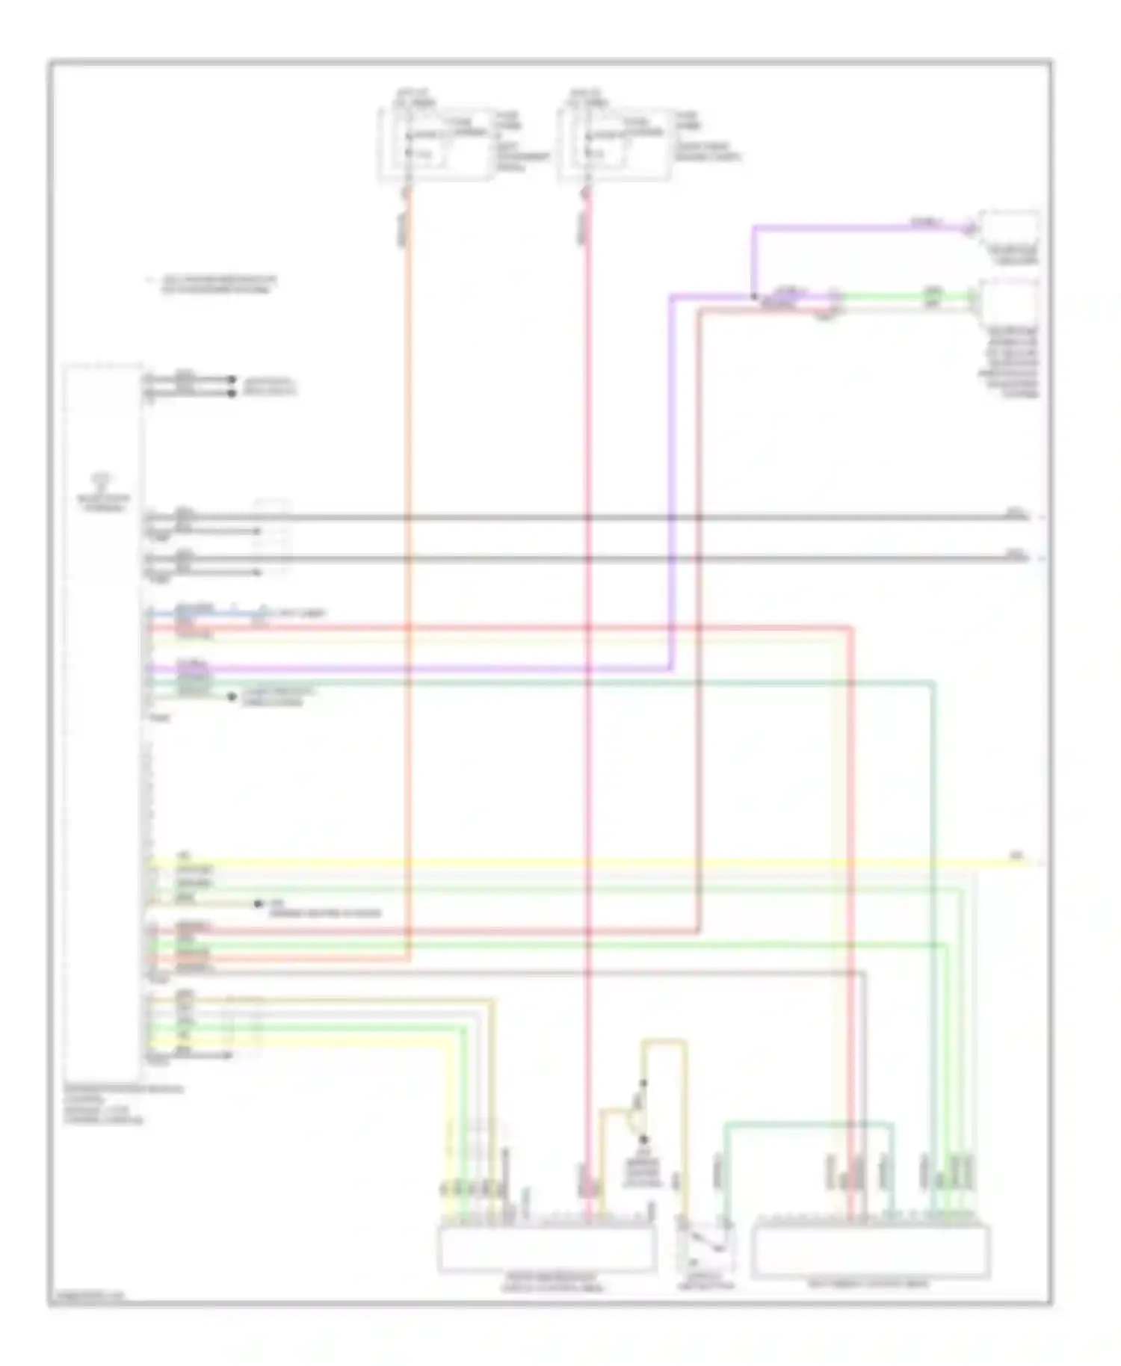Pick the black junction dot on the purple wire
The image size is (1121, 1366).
(x=753, y=297)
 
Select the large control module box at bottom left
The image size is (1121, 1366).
(x=546, y=1249)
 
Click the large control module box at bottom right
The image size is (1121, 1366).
(x=871, y=1249)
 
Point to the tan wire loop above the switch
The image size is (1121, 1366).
(x=664, y=1042)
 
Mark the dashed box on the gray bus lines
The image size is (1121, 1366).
(x=272, y=538)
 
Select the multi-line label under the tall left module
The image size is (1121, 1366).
(x=123, y=1105)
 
